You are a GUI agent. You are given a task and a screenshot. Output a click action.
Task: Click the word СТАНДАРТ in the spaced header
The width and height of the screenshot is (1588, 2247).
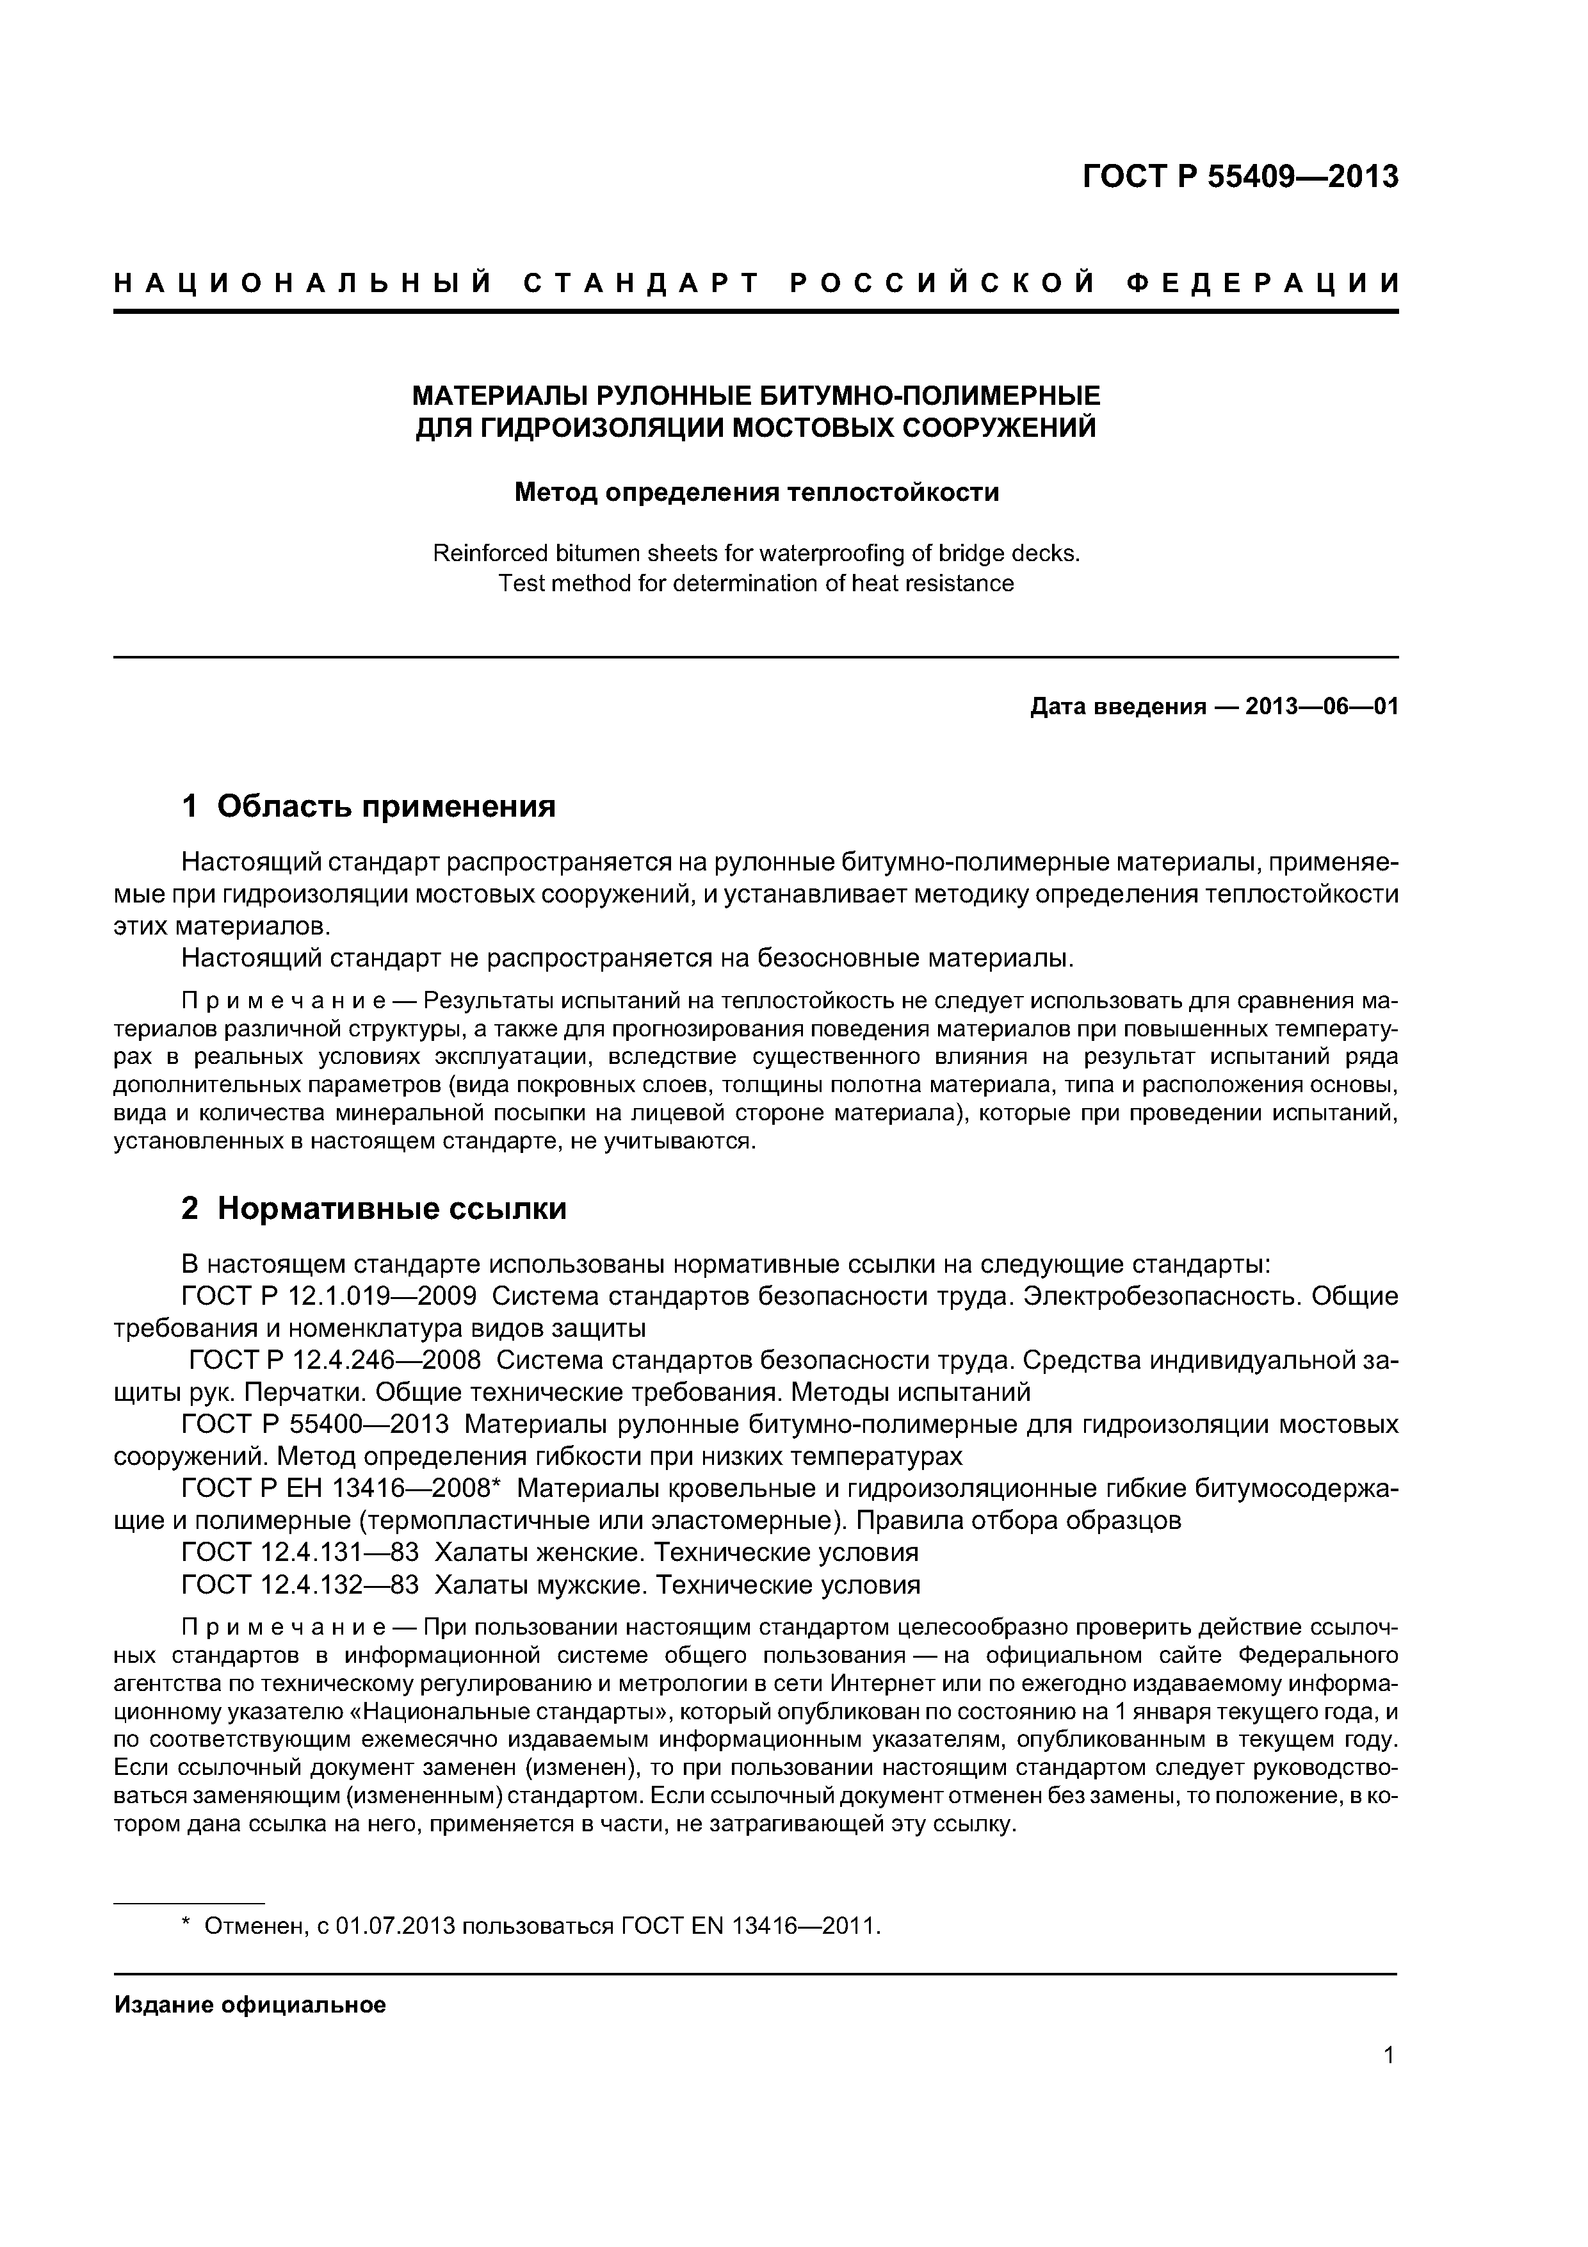click(x=641, y=284)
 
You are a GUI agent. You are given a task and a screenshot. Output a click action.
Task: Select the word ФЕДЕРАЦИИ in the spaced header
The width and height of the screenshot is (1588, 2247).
click(x=1262, y=284)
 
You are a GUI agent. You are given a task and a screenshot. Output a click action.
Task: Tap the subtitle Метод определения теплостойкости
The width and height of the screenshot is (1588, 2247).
click(x=756, y=493)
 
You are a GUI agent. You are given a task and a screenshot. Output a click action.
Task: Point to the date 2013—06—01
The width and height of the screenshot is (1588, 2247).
click(x=1322, y=707)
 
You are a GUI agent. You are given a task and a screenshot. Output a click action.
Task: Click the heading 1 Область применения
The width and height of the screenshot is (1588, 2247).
click(x=369, y=806)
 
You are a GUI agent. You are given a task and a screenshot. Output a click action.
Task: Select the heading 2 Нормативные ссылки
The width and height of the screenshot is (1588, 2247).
click(x=374, y=1209)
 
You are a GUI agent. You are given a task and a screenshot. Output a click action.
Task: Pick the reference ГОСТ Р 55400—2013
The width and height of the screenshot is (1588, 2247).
click(x=315, y=1424)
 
